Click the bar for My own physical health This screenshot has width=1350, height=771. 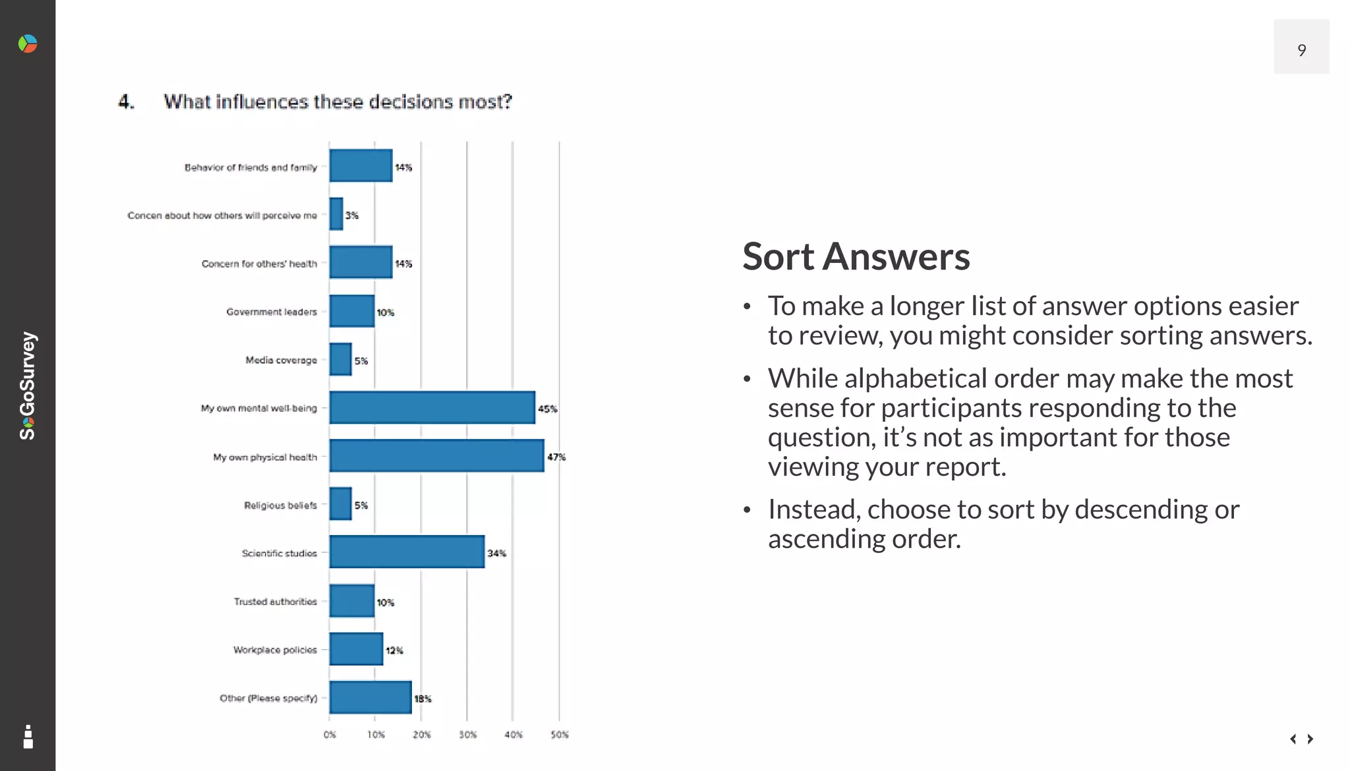(436, 456)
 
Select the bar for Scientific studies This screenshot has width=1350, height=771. (407, 552)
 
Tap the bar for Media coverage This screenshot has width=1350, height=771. (340, 360)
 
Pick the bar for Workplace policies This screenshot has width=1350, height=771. (356, 649)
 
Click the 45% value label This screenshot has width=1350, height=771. (547, 409)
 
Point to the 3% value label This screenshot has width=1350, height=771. (352, 215)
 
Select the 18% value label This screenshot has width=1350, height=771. (423, 699)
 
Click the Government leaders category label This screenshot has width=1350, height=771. (272, 312)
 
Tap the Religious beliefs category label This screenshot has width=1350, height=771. (280, 505)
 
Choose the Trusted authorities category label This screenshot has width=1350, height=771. (276, 602)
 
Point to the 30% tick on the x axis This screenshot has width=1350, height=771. (467, 735)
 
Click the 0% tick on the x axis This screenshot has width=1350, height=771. (330, 735)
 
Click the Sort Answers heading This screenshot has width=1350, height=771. (856, 256)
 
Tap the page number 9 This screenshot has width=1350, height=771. (1301, 50)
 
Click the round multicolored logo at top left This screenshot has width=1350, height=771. (28, 44)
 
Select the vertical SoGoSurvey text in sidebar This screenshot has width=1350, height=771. (28, 385)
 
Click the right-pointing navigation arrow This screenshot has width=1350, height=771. (1310, 739)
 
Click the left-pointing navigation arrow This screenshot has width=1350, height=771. (1293, 739)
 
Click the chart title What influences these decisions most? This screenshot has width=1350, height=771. (337, 102)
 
